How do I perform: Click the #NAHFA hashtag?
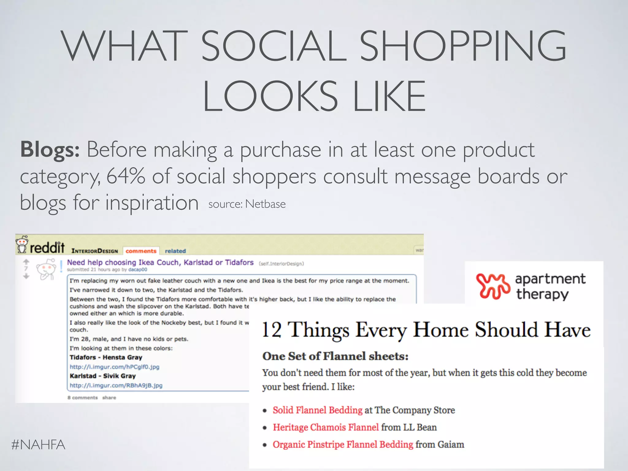38,445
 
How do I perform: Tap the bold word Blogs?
50,150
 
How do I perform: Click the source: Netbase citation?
247,204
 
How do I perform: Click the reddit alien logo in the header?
22,244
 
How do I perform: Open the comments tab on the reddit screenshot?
141,251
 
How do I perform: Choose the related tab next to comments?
175,251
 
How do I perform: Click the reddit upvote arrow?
26,262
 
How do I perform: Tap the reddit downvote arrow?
26,276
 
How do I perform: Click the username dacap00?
138,270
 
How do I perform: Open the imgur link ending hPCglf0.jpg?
114,367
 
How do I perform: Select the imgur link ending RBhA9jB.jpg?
116,385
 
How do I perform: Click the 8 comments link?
82,398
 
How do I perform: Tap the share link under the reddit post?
109,398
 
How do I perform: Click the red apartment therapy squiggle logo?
493,286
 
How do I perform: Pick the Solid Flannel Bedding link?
318,410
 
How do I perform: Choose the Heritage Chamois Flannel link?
326,427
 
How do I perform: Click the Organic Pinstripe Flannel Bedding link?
343,444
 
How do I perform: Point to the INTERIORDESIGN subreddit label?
94,251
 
